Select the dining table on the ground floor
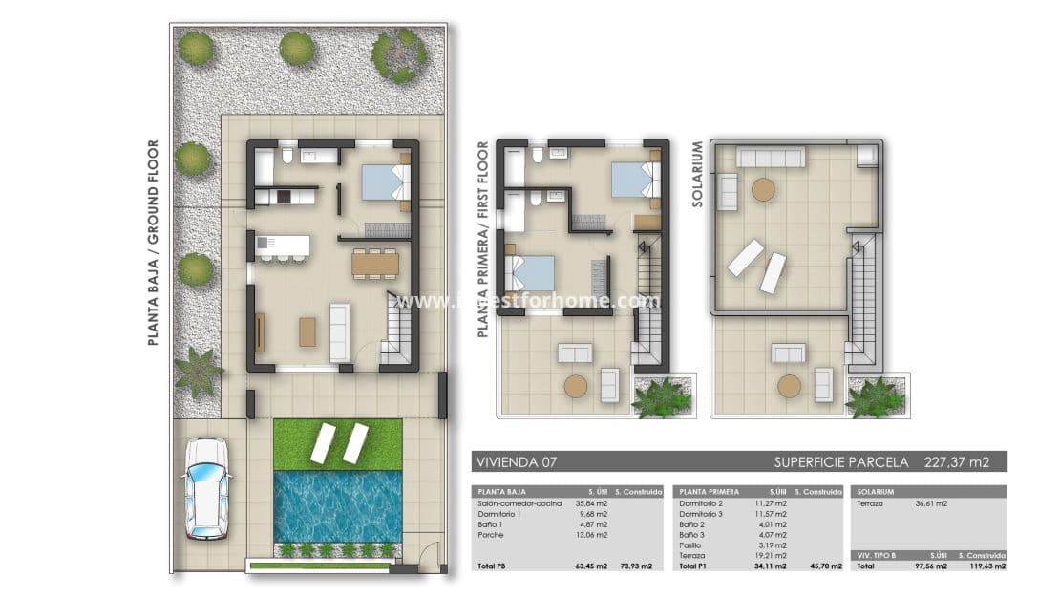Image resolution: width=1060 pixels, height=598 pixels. click(x=374, y=263)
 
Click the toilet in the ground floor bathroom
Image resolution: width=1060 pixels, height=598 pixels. click(x=286, y=155)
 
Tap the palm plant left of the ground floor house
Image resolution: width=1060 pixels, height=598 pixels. click(x=199, y=372)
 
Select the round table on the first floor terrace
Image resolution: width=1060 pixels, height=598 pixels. click(x=576, y=386)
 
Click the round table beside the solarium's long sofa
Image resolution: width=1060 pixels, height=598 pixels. click(x=763, y=189)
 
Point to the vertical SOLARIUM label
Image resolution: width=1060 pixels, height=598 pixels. click(x=697, y=176)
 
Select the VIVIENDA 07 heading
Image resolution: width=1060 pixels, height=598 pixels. click(x=516, y=462)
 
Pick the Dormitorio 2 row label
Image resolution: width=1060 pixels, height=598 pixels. click(x=700, y=502)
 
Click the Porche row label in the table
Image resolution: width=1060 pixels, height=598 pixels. click(x=491, y=535)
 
